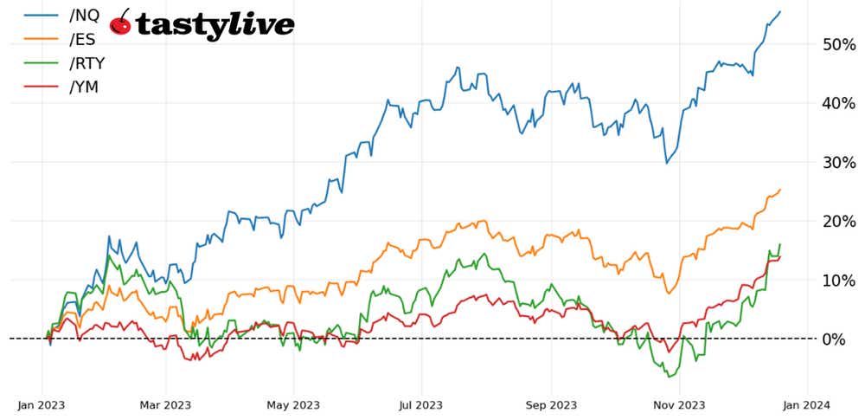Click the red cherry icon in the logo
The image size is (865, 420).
pos(122,23)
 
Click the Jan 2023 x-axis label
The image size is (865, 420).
pos(42,404)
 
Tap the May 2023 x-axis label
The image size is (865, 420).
pos(293,404)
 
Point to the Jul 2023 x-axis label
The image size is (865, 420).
pos(421,404)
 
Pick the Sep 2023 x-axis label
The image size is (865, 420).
pos(551,404)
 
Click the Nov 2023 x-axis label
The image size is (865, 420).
pos(679,404)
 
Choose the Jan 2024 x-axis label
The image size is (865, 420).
pos(807,404)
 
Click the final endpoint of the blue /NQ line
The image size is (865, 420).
pos(780,11)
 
